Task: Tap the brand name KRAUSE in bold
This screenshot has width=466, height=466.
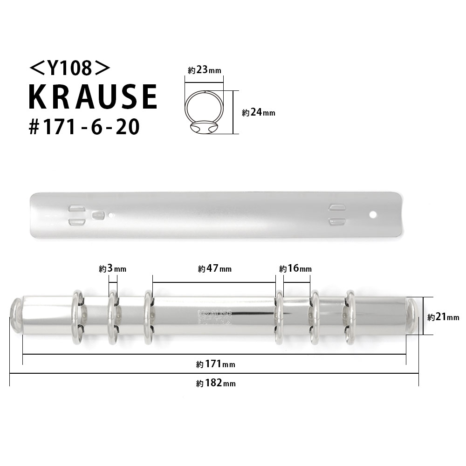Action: click(93, 97)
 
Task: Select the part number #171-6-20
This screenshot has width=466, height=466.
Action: click(84, 127)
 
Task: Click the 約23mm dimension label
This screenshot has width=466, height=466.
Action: click(205, 70)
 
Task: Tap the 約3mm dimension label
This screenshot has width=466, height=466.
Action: click(113, 269)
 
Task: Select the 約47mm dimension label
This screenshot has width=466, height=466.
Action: click(214, 269)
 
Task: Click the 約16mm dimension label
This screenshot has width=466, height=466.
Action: click(295, 269)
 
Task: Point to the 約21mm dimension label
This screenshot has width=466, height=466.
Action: click(443, 317)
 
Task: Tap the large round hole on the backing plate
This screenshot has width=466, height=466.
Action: click(373, 214)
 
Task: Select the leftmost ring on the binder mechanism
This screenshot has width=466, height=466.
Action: click(77, 317)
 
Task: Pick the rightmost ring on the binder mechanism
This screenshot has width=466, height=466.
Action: click(349, 317)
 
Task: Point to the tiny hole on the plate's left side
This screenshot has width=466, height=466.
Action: click(111, 215)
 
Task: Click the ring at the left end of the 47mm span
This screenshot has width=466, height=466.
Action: click(149, 317)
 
